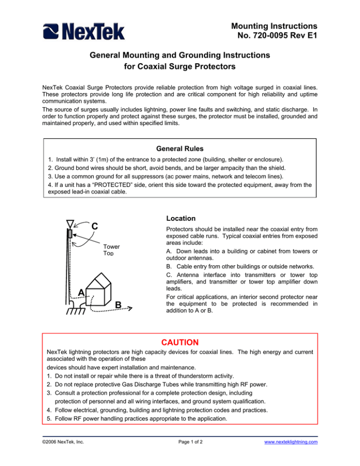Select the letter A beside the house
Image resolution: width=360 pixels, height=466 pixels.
click(81, 292)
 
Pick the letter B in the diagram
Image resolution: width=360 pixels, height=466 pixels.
click(119, 305)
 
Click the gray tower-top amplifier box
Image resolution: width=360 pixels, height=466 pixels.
click(69, 233)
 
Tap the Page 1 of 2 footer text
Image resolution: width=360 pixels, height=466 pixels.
click(180, 454)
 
